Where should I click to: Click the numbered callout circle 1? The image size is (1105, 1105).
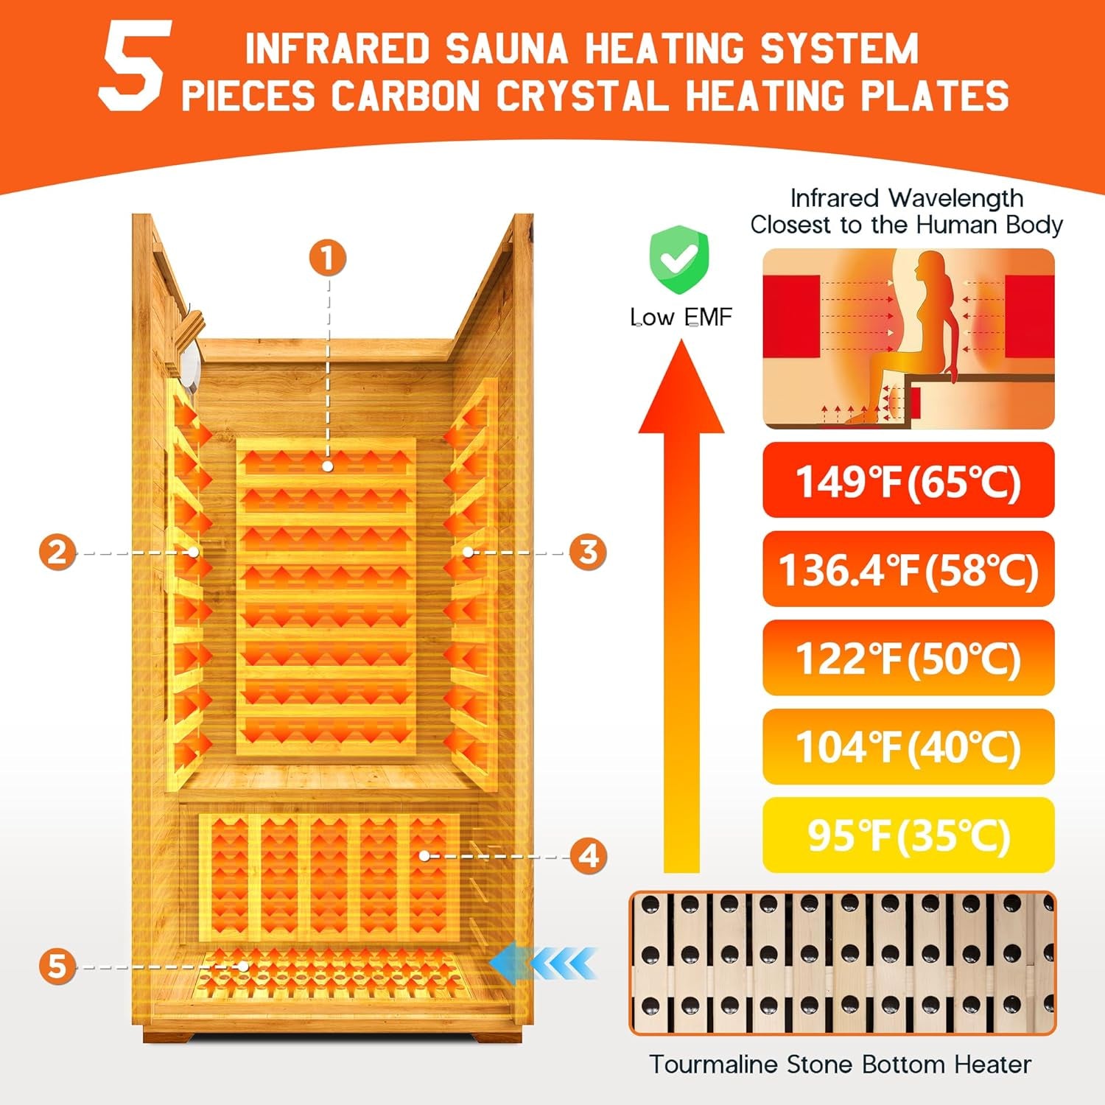pos(327,259)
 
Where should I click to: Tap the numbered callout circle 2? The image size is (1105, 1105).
pos(57,552)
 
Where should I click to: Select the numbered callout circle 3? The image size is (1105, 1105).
pos(588,552)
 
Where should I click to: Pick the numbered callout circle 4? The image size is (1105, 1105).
pos(589,856)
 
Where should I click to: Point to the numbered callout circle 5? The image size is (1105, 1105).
pos(57,966)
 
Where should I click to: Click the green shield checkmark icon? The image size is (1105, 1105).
pos(678,260)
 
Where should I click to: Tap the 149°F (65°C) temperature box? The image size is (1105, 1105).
pos(908,480)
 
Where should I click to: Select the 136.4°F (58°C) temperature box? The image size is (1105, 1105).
pos(908,569)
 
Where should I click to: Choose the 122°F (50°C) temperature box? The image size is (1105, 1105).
pos(908,658)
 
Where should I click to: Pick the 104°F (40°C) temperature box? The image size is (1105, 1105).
pos(908,746)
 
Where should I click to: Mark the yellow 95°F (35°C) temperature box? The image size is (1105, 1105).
pos(908,835)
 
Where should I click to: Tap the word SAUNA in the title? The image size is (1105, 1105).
pos(506,49)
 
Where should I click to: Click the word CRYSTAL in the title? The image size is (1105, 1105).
pos(582,97)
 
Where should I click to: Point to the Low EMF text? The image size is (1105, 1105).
pos(681,317)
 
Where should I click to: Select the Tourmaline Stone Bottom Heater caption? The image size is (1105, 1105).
pos(840,1064)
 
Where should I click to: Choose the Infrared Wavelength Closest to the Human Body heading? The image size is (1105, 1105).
pos(906,211)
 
